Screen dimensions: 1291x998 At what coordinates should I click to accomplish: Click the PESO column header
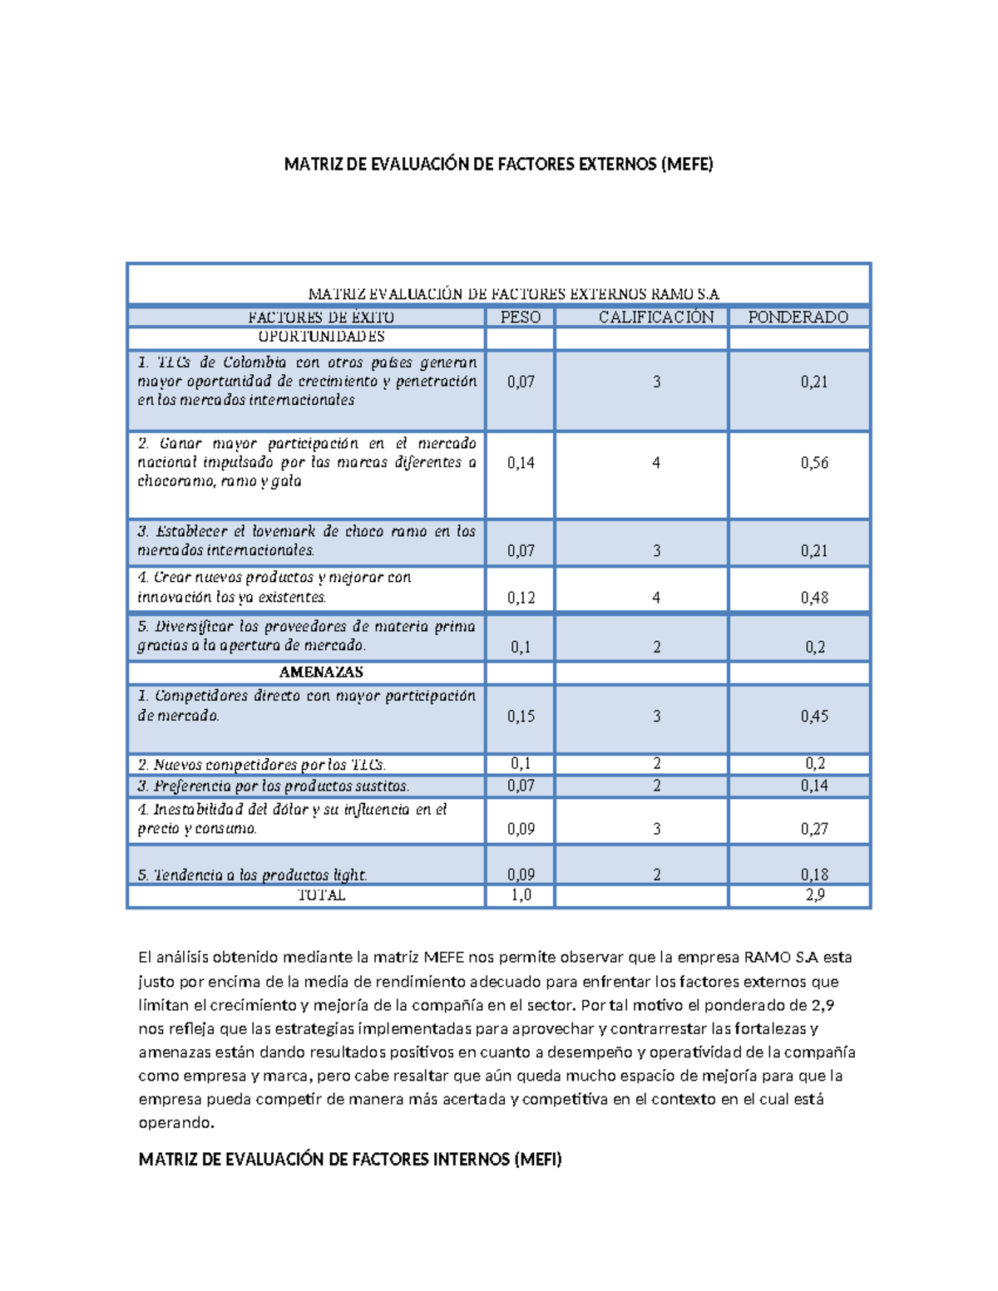(521, 317)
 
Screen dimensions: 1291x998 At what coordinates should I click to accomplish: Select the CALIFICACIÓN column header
(655, 317)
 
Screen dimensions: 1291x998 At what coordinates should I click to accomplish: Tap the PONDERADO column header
(798, 317)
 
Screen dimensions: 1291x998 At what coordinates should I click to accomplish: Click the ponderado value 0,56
(814, 463)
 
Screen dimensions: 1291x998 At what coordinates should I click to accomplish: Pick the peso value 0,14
(521, 463)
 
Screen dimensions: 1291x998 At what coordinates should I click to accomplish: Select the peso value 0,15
(521, 717)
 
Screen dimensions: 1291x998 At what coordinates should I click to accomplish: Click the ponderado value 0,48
(814, 598)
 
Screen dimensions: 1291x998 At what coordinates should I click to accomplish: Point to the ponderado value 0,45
(814, 717)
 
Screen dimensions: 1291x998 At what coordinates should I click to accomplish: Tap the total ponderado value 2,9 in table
(814, 895)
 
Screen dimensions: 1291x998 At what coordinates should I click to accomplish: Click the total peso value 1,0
(521, 895)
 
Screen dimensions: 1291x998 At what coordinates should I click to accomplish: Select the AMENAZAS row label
(321, 672)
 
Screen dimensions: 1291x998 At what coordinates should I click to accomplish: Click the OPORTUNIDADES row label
(321, 337)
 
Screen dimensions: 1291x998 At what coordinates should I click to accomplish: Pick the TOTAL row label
(321, 895)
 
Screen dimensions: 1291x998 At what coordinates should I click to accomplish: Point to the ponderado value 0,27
(814, 829)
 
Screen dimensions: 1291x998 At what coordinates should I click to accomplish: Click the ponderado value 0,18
(814, 875)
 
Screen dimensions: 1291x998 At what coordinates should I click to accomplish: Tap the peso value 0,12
(521, 598)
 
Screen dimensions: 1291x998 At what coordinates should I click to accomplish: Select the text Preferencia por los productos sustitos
(274, 786)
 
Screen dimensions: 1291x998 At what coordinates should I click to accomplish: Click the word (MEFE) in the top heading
(686, 165)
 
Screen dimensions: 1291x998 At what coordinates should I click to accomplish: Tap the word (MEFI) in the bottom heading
(537, 1159)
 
